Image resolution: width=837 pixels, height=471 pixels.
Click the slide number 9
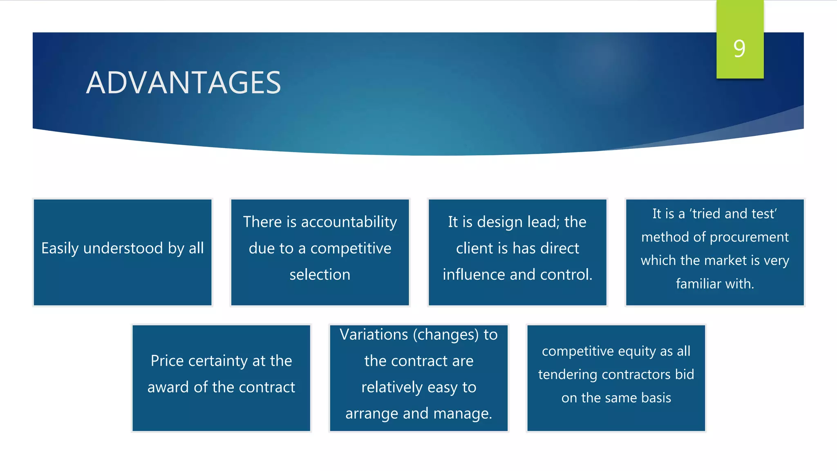tap(739, 49)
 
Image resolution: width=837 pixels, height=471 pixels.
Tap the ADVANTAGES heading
tap(184, 83)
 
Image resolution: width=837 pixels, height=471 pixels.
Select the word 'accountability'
tap(349, 222)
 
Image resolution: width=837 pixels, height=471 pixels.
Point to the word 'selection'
tap(320, 274)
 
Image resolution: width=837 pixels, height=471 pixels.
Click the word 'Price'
tap(167, 361)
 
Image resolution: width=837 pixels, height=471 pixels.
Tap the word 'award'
tap(168, 387)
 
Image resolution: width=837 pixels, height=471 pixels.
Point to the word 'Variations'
tap(374, 334)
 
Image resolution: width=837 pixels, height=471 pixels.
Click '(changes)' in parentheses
tap(445, 335)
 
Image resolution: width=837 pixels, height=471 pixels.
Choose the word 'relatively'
tap(392, 387)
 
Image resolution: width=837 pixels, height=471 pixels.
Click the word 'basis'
tap(656, 398)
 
